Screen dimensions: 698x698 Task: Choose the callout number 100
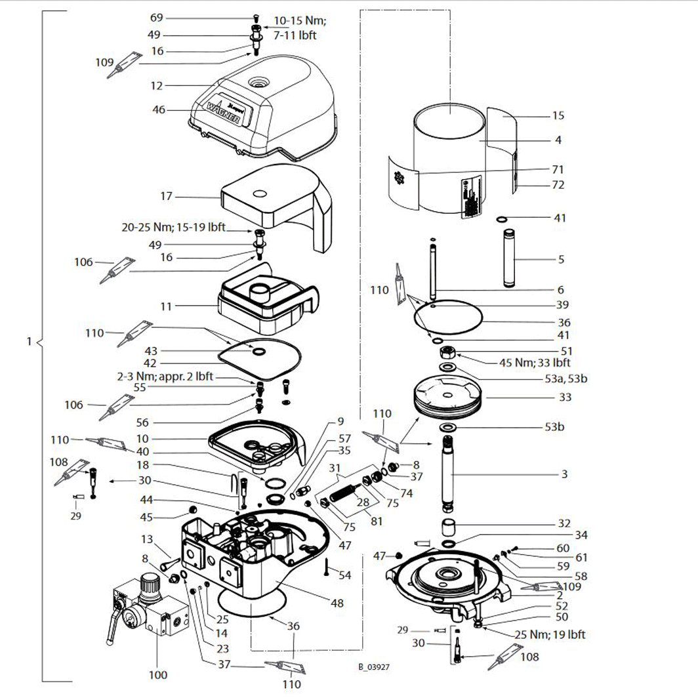coord(157,674)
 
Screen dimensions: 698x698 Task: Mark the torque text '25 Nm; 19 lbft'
coord(550,634)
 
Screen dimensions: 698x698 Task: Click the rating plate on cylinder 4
coord(470,198)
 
